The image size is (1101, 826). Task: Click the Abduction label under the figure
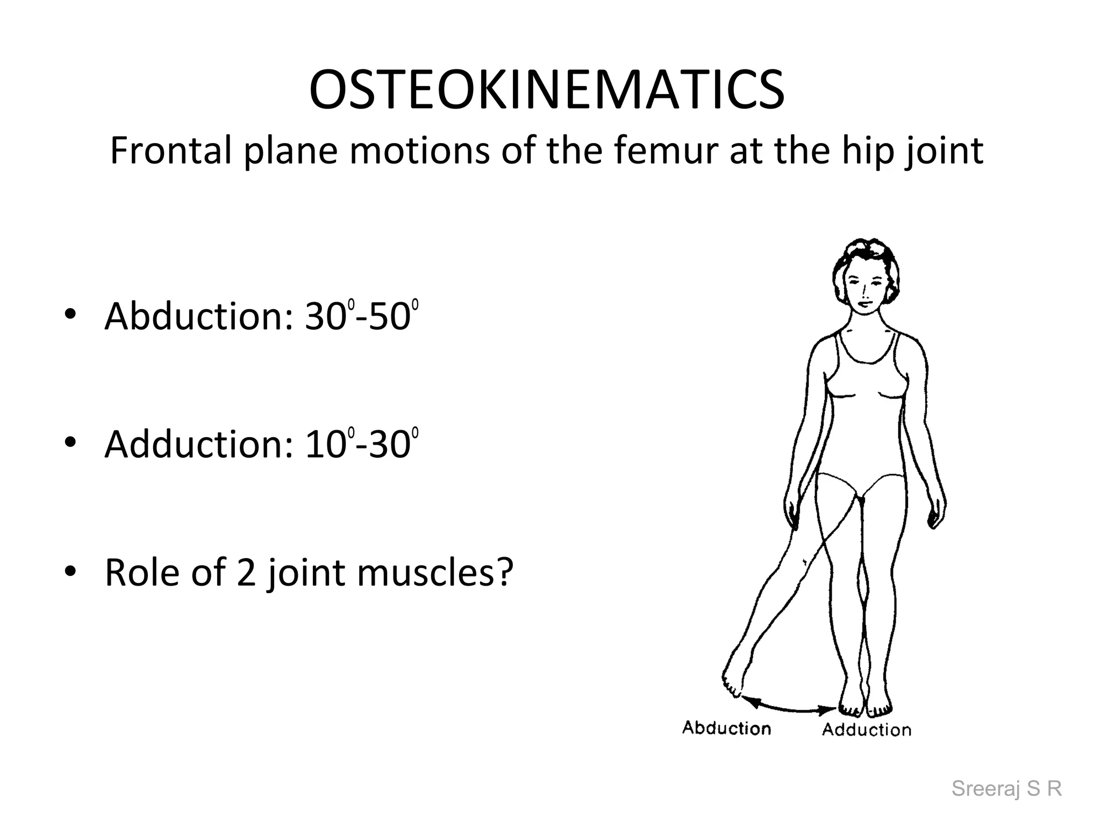[726, 728]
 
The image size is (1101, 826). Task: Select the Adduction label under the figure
[867, 730]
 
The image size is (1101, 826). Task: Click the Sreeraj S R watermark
[1006, 789]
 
